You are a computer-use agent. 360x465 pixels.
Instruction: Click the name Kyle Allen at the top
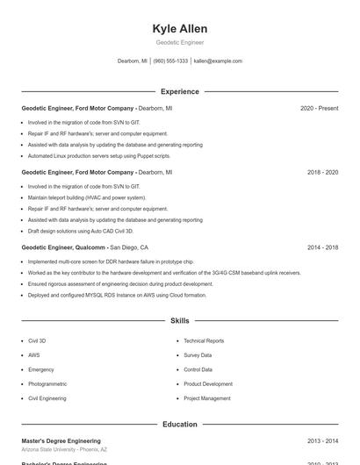[x=179, y=29]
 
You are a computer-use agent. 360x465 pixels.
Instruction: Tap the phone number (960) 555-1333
[x=170, y=61]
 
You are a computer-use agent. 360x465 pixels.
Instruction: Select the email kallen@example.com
[x=218, y=61]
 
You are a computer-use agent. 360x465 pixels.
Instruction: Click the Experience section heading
[x=179, y=91]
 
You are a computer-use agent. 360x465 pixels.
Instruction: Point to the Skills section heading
[x=179, y=321]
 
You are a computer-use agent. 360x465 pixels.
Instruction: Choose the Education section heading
[x=179, y=425]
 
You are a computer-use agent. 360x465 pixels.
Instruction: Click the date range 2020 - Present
[x=319, y=108]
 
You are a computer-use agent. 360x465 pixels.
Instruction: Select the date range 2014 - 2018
[x=322, y=247]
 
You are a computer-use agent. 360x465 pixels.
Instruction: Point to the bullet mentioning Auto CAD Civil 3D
[x=80, y=231]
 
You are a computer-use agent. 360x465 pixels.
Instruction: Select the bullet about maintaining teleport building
[x=86, y=197]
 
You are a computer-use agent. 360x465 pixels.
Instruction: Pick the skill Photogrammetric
[x=47, y=383]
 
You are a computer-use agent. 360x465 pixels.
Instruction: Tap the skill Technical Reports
[x=204, y=340]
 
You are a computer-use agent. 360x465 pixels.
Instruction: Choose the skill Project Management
[x=206, y=398]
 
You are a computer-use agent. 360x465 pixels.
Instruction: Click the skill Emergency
[x=41, y=369]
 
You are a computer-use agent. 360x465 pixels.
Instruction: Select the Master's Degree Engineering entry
[x=61, y=440]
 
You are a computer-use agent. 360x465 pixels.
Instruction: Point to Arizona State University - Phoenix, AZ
[x=64, y=449]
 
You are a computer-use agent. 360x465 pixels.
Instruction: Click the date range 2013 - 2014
[x=322, y=440]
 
